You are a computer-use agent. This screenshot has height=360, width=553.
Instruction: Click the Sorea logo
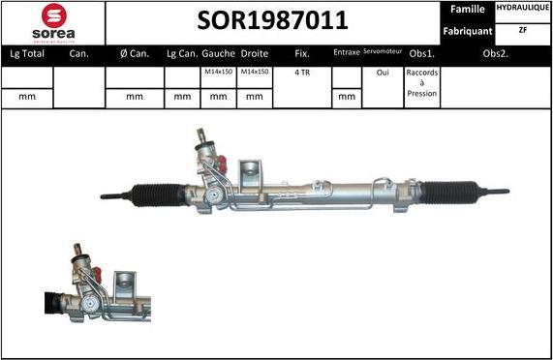click(x=52, y=21)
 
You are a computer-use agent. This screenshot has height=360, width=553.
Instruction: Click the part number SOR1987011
click(x=272, y=21)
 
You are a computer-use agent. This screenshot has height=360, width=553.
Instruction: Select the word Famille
click(x=468, y=9)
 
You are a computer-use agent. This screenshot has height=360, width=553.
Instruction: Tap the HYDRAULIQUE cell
click(x=522, y=9)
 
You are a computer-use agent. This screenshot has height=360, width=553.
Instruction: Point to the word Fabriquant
click(x=468, y=31)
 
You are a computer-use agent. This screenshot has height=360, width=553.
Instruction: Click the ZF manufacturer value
click(x=522, y=31)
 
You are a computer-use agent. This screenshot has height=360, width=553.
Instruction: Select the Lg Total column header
click(x=26, y=54)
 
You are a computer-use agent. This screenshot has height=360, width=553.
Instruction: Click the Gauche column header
click(x=219, y=54)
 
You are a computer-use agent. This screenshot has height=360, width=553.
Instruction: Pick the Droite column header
click(x=254, y=54)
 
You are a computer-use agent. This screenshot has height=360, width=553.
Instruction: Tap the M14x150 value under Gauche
click(x=219, y=73)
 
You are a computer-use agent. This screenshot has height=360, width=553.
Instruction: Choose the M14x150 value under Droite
click(x=254, y=73)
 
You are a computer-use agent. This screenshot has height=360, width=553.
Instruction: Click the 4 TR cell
click(x=302, y=73)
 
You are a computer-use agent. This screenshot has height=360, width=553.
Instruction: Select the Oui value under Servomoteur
click(x=382, y=73)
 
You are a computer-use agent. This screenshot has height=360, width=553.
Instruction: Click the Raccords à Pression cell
click(x=422, y=83)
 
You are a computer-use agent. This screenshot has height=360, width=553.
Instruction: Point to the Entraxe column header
click(x=346, y=54)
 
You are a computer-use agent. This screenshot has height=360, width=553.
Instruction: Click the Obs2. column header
click(x=497, y=54)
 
